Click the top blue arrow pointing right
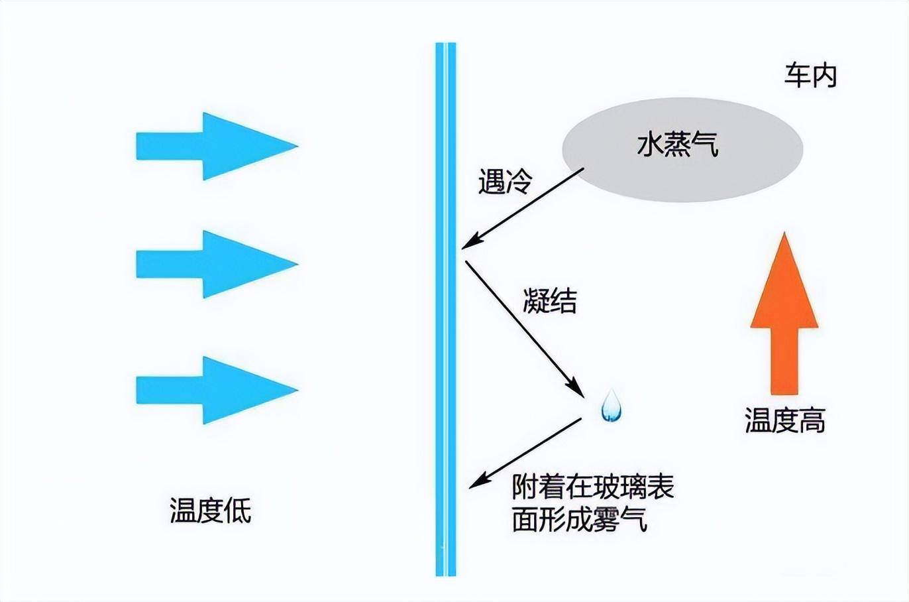click(212, 146)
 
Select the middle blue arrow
click(212, 264)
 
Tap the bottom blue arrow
click(212, 390)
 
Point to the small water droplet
click(611, 406)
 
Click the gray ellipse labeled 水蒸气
click(682, 150)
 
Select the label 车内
click(811, 76)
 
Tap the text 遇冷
click(505, 181)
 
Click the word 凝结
click(549, 301)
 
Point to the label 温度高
click(785, 420)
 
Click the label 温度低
click(211, 510)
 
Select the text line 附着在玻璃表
click(593, 487)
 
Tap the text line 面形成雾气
click(580, 520)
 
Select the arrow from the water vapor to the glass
click(523, 208)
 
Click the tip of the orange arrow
click(784, 237)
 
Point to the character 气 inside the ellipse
click(706, 145)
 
